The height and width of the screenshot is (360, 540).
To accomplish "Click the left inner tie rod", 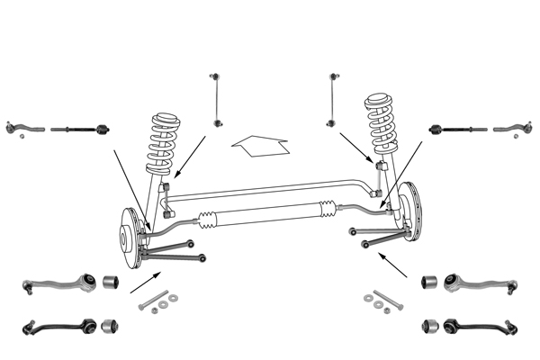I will coord(80,130).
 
